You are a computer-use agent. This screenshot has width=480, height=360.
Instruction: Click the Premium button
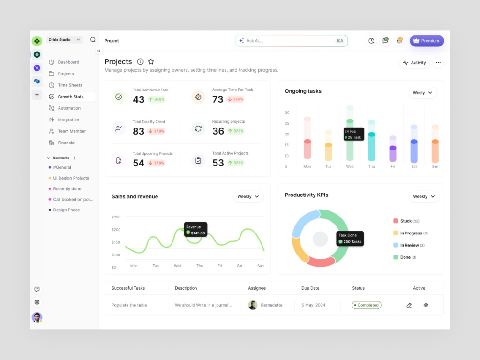click(x=427, y=41)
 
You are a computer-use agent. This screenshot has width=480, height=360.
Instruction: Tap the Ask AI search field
click(x=291, y=41)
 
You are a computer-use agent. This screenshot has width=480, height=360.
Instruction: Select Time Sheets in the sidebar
click(x=70, y=85)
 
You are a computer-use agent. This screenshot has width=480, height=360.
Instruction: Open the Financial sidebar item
click(x=67, y=143)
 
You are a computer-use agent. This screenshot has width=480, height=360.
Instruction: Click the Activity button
click(x=414, y=63)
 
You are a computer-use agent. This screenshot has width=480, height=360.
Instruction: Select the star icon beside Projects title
click(x=151, y=61)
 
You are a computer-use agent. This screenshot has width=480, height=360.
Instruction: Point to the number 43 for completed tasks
click(x=138, y=99)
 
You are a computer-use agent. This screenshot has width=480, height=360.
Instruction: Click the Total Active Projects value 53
click(x=218, y=163)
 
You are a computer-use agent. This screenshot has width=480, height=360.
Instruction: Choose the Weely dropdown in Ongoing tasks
click(x=422, y=93)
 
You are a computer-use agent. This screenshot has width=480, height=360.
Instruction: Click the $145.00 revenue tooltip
click(x=195, y=230)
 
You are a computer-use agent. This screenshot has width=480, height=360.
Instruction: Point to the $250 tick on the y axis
click(x=116, y=217)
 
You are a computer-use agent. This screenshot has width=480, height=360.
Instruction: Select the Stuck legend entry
click(x=406, y=221)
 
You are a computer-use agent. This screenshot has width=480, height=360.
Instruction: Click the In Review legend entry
click(x=409, y=245)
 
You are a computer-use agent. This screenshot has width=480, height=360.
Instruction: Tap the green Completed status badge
click(x=367, y=305)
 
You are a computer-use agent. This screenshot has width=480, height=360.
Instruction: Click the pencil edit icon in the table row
click(x=409, y=305)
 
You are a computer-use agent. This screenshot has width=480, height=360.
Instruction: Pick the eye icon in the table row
click(x=426, y=305)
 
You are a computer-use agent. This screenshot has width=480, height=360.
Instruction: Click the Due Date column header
click(x=310, y=288)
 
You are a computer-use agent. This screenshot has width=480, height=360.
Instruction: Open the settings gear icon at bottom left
click(x=37, y=302)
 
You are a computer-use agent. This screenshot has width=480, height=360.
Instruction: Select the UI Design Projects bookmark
click(x=71, y=178)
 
